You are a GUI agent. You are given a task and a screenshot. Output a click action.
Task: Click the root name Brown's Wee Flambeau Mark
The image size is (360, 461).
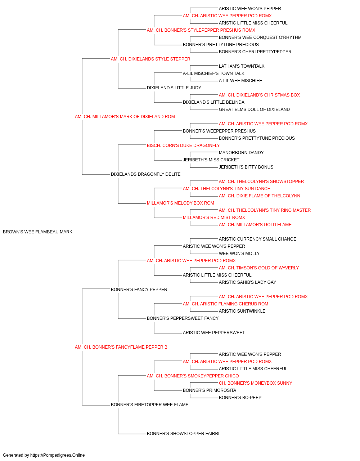click(37, 232)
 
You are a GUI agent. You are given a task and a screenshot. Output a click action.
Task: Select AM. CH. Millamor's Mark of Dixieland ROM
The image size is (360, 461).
click(125, 117)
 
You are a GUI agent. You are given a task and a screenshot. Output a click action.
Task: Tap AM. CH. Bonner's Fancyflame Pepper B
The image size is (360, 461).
click(121, 347)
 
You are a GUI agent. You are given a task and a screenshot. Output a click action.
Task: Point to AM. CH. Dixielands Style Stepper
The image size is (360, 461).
click(150, 59)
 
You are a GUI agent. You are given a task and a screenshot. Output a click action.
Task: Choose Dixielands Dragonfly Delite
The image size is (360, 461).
click(146, 174)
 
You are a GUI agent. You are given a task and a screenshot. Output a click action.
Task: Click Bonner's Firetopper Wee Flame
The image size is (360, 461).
click(149, 404)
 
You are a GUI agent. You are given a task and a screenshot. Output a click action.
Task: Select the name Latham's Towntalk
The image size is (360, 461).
click(242, 66)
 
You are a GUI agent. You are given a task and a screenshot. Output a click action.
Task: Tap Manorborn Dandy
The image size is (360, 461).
click(241, 153)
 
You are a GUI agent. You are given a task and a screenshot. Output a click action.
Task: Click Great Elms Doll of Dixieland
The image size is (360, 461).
click(254, 109)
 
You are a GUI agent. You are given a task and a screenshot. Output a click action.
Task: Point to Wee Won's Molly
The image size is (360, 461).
click(239, 253)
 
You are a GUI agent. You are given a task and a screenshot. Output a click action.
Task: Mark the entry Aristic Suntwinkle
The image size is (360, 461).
click(242, 311)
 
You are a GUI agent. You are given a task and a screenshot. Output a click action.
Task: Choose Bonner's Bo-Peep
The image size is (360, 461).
click(240, 397)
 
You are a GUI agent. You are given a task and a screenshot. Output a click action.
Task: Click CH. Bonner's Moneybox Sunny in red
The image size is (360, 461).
click(256, 383)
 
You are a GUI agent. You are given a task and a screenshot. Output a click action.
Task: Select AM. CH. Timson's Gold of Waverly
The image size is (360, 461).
click(259, 268)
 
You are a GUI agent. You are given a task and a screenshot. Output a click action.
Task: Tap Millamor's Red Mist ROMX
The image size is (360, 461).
click(214, 218)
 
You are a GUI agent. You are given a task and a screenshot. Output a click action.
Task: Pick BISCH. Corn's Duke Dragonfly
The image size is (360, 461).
click(183, 145)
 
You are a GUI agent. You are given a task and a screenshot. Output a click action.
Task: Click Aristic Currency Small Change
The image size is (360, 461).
click(257, 239)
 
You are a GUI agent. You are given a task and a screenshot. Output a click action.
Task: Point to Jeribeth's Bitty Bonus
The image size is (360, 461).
click(246, 167)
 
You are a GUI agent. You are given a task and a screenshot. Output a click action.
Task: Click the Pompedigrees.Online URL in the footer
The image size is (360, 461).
click(58, 455)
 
